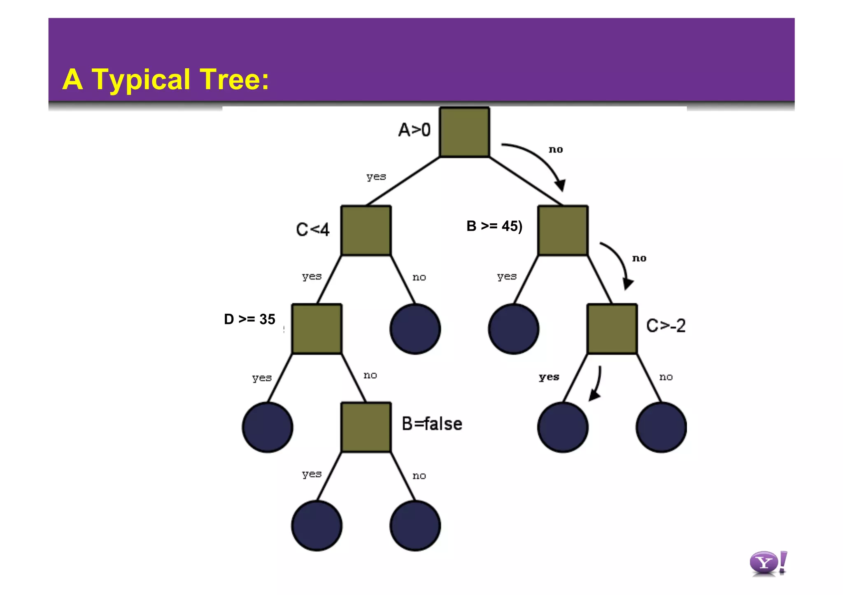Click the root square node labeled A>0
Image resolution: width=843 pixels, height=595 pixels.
coord(464,132)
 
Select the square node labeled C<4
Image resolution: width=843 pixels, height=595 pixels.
coord(366,231)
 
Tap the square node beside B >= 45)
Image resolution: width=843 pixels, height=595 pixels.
coord(563,231)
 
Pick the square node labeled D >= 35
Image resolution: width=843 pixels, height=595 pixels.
coord(317,329)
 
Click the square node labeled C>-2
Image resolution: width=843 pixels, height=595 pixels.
coord(612,329)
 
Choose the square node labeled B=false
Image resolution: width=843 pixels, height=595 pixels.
coord(366,427)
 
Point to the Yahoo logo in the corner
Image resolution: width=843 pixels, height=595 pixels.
coord(768,563)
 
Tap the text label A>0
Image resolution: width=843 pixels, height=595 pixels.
coord(414,130)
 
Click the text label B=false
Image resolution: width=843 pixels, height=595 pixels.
coord(432,424)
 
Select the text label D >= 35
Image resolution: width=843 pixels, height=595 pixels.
coord(249,319)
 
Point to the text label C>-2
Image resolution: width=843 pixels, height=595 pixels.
coord(666,326)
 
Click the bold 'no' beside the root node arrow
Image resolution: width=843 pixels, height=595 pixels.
coord(556,150)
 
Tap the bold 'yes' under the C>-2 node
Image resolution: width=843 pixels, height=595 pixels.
coord(549,377)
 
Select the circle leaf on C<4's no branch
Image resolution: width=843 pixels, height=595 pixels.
coord(415,329)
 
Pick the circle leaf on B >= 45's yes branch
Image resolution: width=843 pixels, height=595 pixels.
coord(513,329)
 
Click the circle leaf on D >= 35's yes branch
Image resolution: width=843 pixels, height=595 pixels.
coord(268,427)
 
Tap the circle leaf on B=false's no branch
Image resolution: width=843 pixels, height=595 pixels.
coord(415,526)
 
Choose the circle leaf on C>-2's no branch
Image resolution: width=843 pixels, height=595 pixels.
coord(661,427)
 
